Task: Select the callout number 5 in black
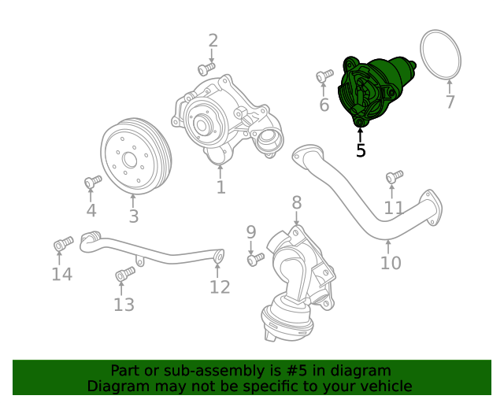tap(361, 150)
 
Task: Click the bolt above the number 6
tap(324, 76)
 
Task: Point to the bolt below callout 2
tap(206, 68)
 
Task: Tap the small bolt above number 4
tap(92, 182)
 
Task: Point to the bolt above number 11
tap(395, 176)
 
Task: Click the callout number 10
tap(391, 263)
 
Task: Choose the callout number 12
tap(220, 287)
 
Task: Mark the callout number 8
tap(296, 203)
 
